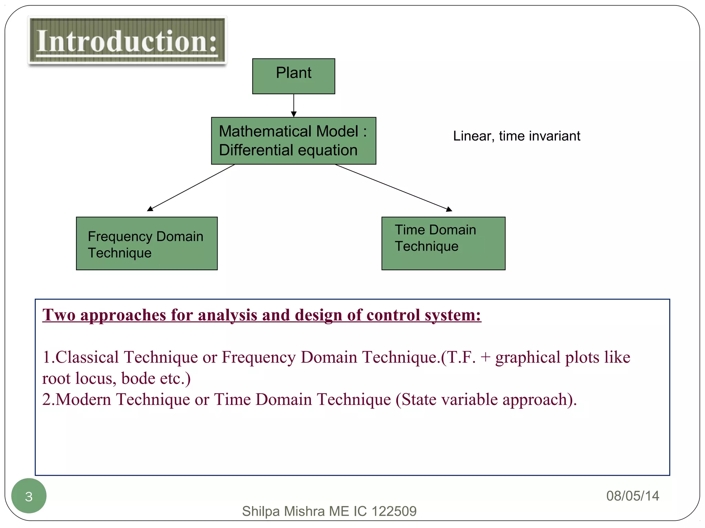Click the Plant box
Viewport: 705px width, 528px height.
[x=294, y=76]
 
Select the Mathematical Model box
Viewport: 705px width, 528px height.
[x=293, y=141]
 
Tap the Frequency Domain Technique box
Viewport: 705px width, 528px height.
[x=147, y=243]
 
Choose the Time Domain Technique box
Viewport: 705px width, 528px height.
[x=443, y=243]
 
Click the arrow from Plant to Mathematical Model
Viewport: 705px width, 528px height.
[x=294, y=105]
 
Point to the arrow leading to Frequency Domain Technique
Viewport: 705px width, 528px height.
[x=191, y=188]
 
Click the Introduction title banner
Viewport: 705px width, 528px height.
[x=127, y=41]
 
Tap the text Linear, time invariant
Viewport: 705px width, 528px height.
[x=516, y=136]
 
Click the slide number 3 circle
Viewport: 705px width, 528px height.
[x=29, y=496]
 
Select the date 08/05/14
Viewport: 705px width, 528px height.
[x=632, y=496]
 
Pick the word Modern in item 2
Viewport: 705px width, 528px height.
[x=83, y=399]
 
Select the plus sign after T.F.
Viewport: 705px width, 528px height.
[x=485, y=357]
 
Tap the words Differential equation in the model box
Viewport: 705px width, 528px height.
[x=288, y=150]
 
